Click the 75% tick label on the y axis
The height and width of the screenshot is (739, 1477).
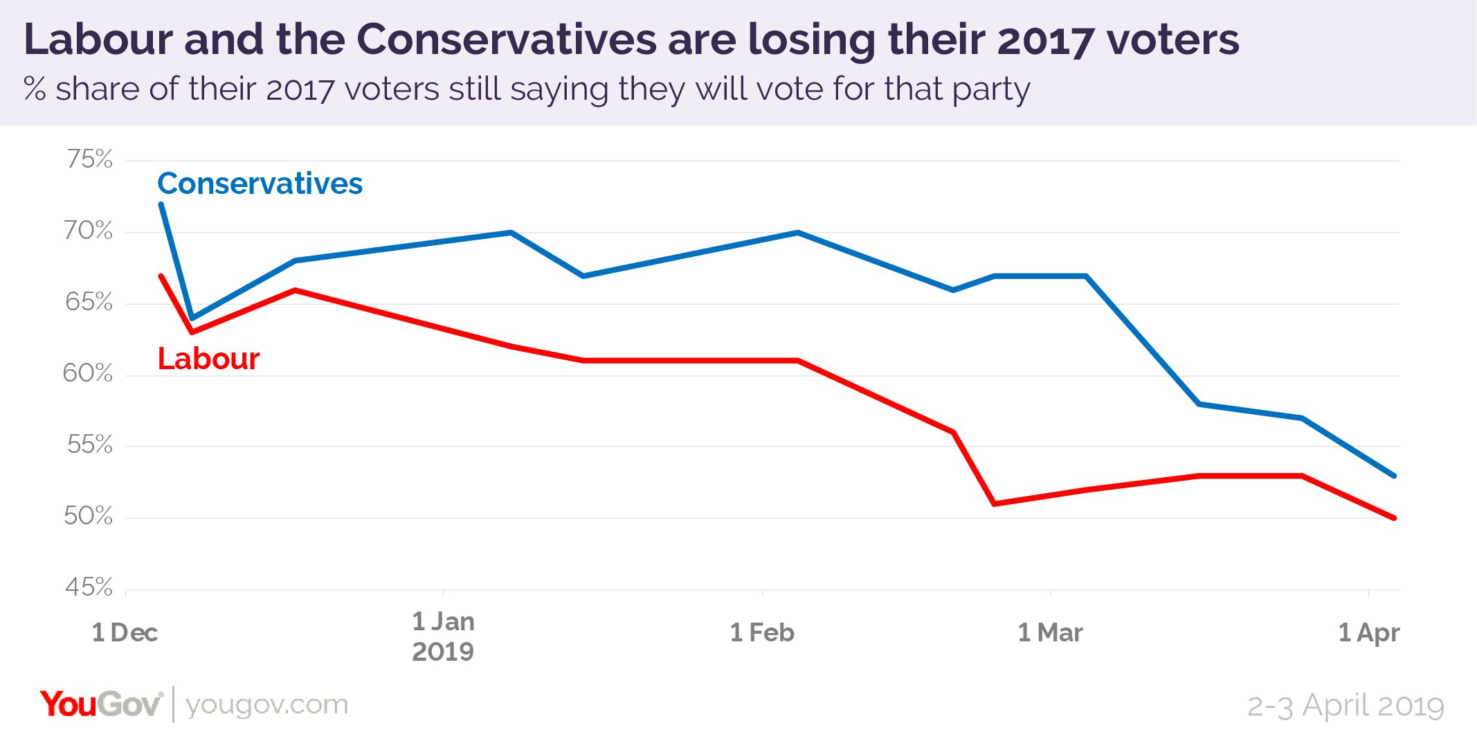(x=89, y=159)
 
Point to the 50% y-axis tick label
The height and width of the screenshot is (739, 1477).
(x=88, y=516)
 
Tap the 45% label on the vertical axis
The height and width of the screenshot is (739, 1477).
(x=89, y=587)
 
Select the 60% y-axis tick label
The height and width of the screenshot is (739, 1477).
(x=87, y=373)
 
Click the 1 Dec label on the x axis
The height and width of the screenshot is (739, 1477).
(x=125, y=632)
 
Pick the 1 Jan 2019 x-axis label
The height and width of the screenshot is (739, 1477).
(x=443, y=636)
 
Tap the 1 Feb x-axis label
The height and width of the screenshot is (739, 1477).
(x=762, y=632)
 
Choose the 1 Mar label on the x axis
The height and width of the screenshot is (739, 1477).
(x=1050, y=632)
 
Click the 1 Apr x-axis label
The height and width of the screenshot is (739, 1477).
(x=1368, y=632)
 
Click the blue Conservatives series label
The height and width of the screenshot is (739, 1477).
(x=260, y=184)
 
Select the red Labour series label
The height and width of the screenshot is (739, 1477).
(x=208, y=359)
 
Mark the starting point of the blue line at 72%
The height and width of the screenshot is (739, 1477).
(x=161, y=204)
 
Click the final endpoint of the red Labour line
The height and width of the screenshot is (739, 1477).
(x=1394, y=517)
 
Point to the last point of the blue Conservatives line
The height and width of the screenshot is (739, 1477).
(x=1394, y=476)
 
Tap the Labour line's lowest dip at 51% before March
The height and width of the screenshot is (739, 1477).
(x=995, y=504)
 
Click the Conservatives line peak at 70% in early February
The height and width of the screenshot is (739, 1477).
(x=798, y=233)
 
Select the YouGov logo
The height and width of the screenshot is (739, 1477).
(x=101, y=704)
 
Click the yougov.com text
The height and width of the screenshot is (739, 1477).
(x=266, y=705)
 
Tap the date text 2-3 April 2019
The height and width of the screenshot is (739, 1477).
(x=1345, y=706)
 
